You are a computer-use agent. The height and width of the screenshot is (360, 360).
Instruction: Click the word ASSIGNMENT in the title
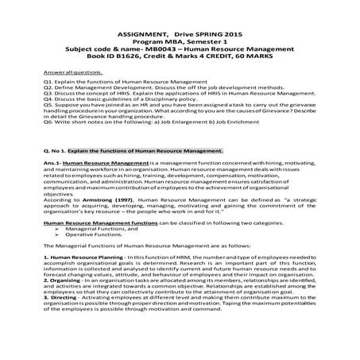pos(128,36)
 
